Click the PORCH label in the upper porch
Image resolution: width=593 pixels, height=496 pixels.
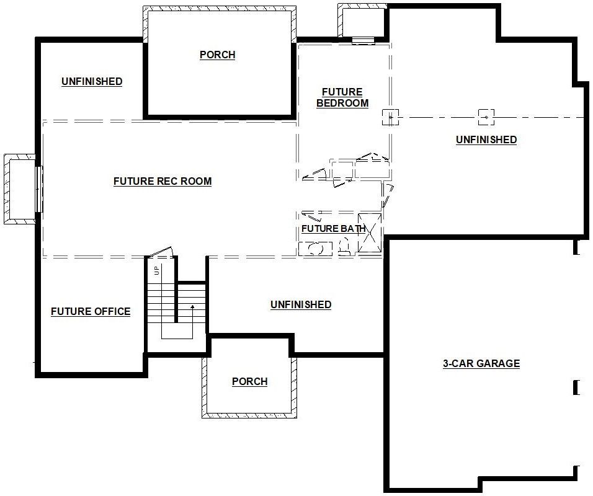click(x=218, y=55)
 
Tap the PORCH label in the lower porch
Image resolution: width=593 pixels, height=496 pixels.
click(x=249, y=381)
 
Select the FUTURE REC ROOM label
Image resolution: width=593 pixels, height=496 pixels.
click(x=163, y=182)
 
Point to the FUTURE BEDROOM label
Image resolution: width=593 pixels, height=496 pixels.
click(x=342, y=97)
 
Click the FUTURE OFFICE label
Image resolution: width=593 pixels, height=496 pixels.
click(x=91, y=311)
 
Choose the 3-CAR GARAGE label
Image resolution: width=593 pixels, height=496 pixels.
click(x=481, y=364)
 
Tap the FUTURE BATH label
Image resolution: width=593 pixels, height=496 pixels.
click(x=334, y=229)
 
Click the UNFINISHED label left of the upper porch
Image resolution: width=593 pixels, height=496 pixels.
click(x=92, y=82)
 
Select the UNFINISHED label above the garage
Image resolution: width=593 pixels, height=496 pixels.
click(x=486, y=140)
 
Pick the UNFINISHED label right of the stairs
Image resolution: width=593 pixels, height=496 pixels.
click(x=301, y=304)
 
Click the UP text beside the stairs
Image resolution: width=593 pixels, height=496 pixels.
click(x=157, y=270)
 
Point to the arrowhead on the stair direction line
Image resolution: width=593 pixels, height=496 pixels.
click(x=192, y=307)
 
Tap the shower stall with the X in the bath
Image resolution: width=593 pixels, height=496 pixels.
click(x=370, y=232)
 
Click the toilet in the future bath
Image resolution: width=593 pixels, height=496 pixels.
click(x=344, y=247)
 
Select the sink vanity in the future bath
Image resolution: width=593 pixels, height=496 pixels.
click(x=315, y=249)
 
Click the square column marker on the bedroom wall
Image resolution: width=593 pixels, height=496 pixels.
click(x=390, y=118)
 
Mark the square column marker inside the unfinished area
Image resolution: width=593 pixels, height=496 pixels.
click(x=486, y=117)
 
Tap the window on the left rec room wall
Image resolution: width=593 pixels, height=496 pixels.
click(x=38, y=189)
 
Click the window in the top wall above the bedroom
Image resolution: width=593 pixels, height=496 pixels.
click(x=363, y=40)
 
